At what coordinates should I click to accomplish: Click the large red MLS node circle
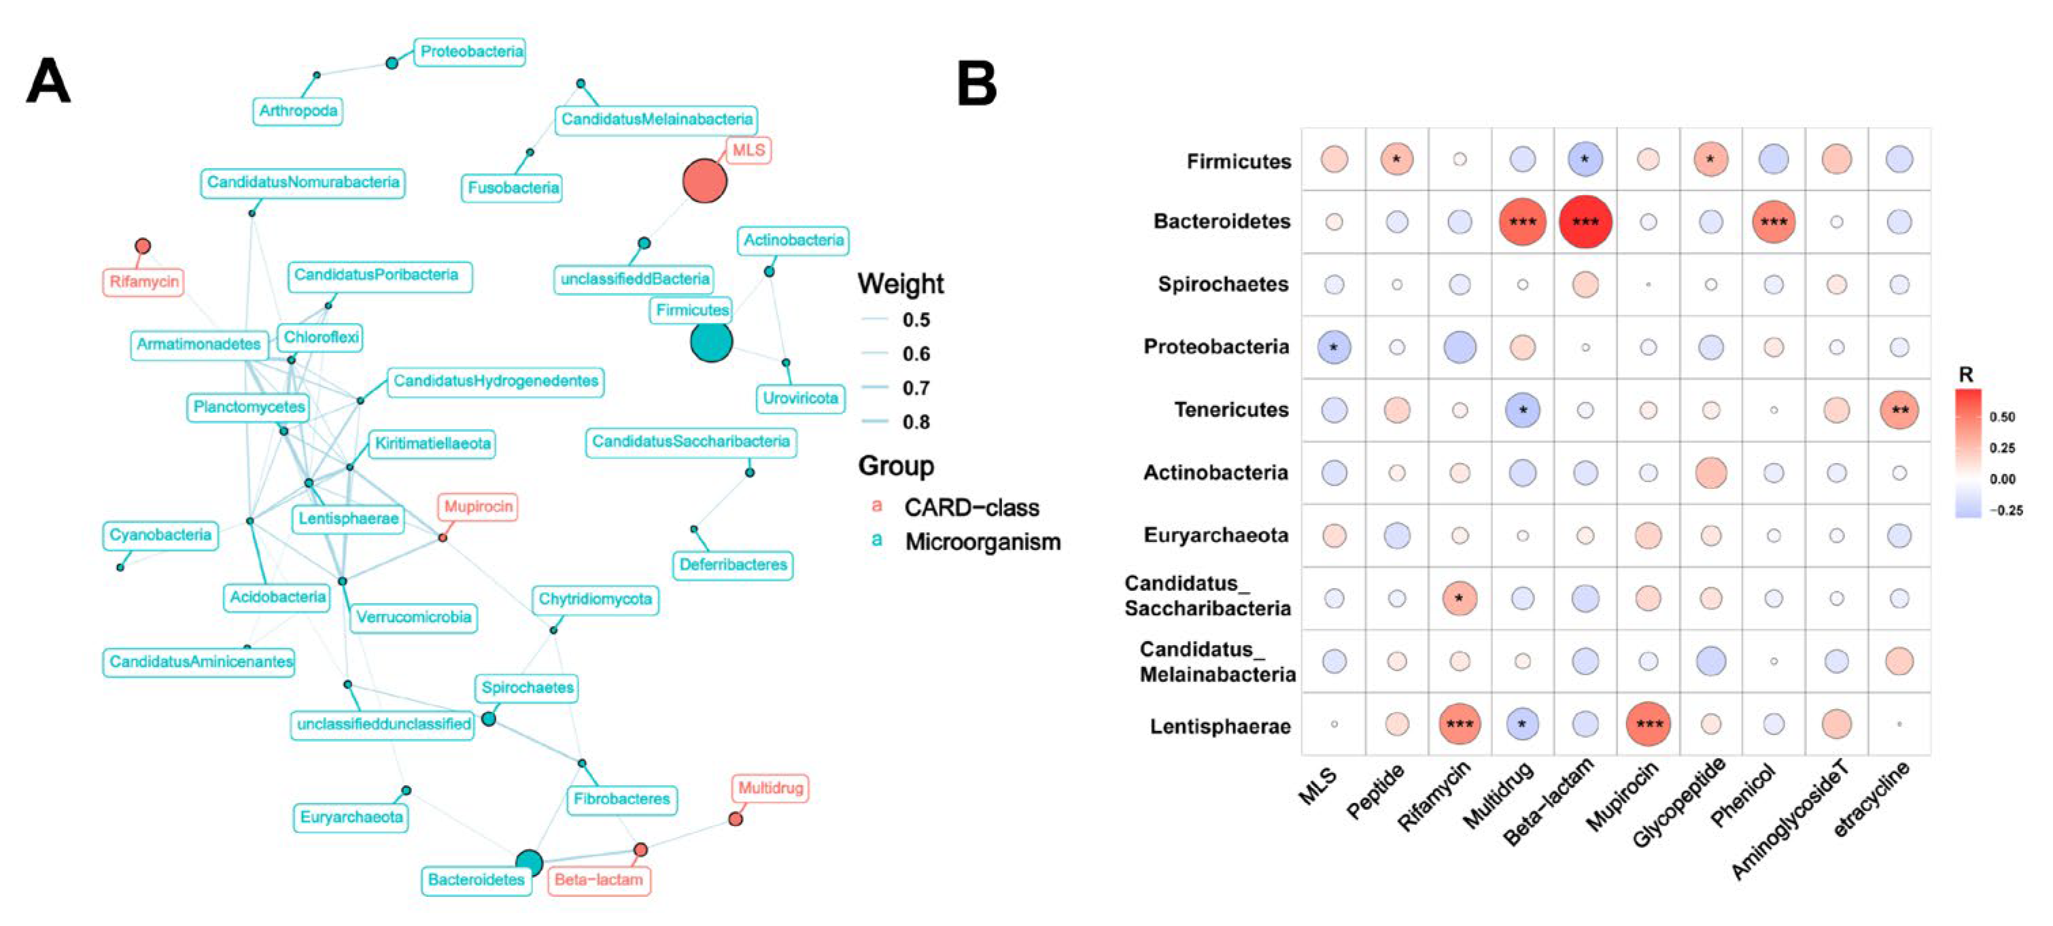(704, 181)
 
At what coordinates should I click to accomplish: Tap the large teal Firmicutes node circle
(711, 341)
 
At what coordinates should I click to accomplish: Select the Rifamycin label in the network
(143, 282)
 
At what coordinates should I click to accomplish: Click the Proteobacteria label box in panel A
(471, 52)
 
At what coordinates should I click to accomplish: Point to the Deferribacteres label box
(732, 565)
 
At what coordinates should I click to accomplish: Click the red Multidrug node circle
(736, 819)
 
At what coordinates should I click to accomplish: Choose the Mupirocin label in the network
(478, 507)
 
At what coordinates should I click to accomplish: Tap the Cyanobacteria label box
(160, 534)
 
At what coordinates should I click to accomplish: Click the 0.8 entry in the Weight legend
(916, 422)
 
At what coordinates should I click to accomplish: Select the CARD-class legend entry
(971, 508)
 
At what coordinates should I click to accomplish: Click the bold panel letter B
(976, 84)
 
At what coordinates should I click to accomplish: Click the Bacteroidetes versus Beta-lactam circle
(1585, 222)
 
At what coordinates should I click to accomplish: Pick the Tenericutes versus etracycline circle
(1899, 411)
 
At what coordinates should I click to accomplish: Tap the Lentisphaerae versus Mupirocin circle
(1647, 724)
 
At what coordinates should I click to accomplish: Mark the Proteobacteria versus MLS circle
(1333, 347)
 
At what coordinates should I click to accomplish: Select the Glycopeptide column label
(1678, 805)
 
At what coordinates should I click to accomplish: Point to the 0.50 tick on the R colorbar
(2002, 417)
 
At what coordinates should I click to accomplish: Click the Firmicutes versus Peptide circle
(1396, 159)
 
